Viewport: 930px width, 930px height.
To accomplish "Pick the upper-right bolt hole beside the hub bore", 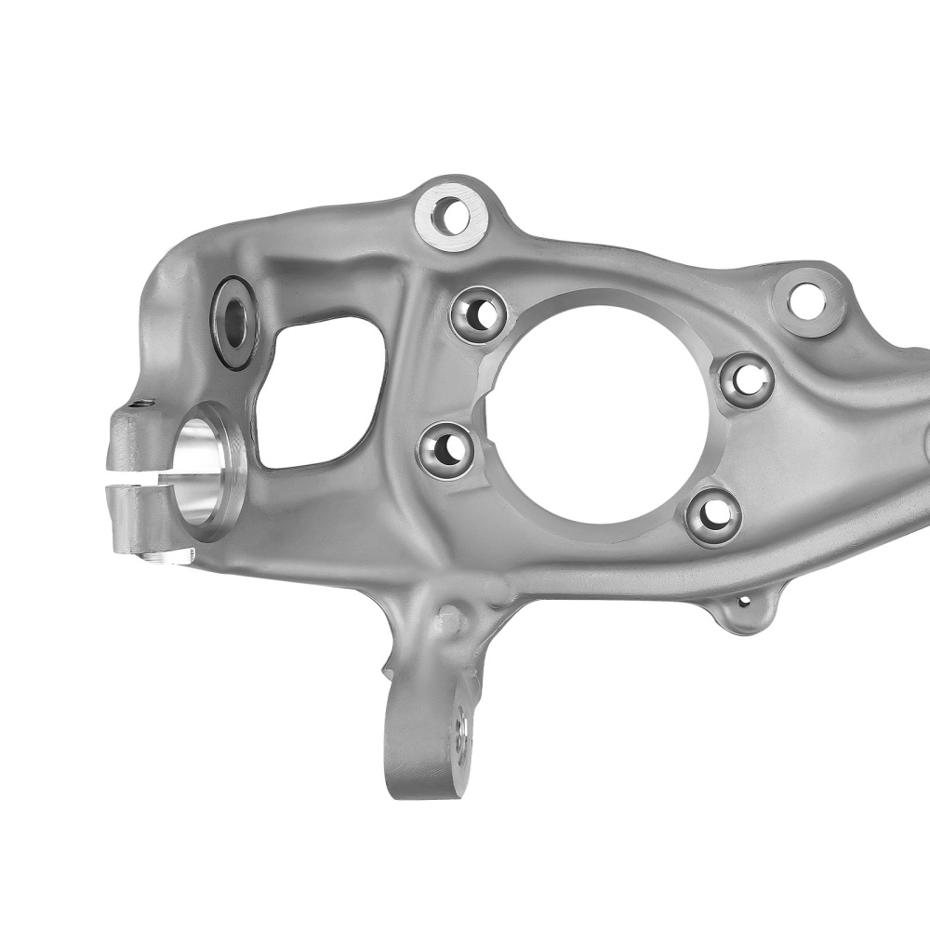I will tap(746, 379).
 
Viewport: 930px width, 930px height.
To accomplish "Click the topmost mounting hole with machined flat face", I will tap(451, 216).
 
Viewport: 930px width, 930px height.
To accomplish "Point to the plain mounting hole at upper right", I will tap(805, 300).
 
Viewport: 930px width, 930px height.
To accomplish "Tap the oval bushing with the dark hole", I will tap(234, 321).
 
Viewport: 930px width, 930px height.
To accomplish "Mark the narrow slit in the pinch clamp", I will tap(139, 481).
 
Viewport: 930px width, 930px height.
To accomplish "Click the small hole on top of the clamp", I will tap(141, 405).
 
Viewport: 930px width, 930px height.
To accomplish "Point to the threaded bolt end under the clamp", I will tap(167, 556).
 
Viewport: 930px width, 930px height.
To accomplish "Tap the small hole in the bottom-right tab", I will tap(743, 603).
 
